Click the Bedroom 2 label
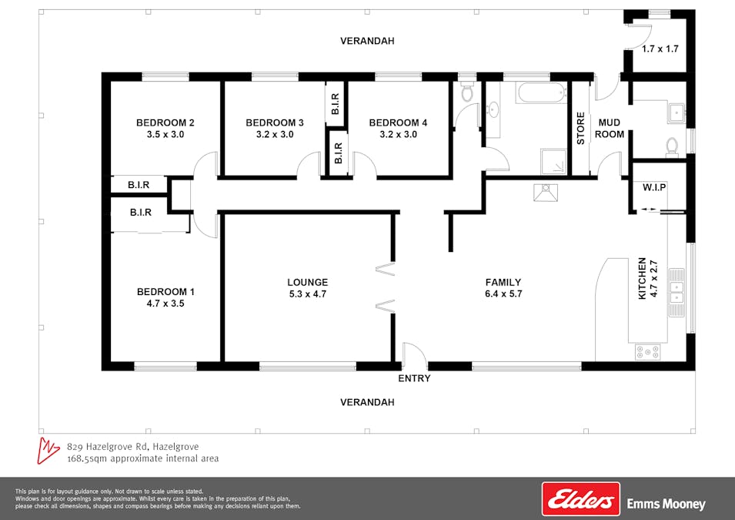pos(165,122)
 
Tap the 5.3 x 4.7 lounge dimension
pos(308,294)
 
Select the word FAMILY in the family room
pos(503,282)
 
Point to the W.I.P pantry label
pos(654,187)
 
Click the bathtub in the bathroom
pos(541,92)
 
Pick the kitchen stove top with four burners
pos(648,351)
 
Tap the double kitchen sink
pos(676,293)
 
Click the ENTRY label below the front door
pos(414,378)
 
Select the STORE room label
pos(580,128)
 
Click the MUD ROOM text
pos(610,128)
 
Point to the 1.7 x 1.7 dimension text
pos(660,49)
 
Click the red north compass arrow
pos(48,451)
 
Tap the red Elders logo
pos(581,499)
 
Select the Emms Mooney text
pos(666,505)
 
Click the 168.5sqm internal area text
pos(143,458)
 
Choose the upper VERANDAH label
pos(367,41)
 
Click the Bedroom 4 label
pos(398,122)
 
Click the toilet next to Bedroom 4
pos(466,92)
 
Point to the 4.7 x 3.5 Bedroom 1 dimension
pos(165,304)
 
